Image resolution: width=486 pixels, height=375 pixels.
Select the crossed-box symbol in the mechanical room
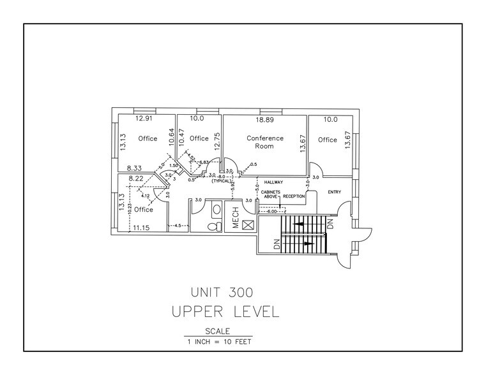pyautogui.click(x=248, y=224)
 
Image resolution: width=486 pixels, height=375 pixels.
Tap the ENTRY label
pyautogui.click(x=335, y=191)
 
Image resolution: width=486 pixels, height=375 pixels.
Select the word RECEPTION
pyautogui.click(x=294, y=196)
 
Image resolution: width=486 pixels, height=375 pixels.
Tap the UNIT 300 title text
pyautogui.click(x=222, y=293)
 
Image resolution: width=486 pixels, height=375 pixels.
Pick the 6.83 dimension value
pyautogui.click(x=204, y=163)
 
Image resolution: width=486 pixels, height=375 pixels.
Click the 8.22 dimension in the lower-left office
pyautogui.click(x=135, y=180)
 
